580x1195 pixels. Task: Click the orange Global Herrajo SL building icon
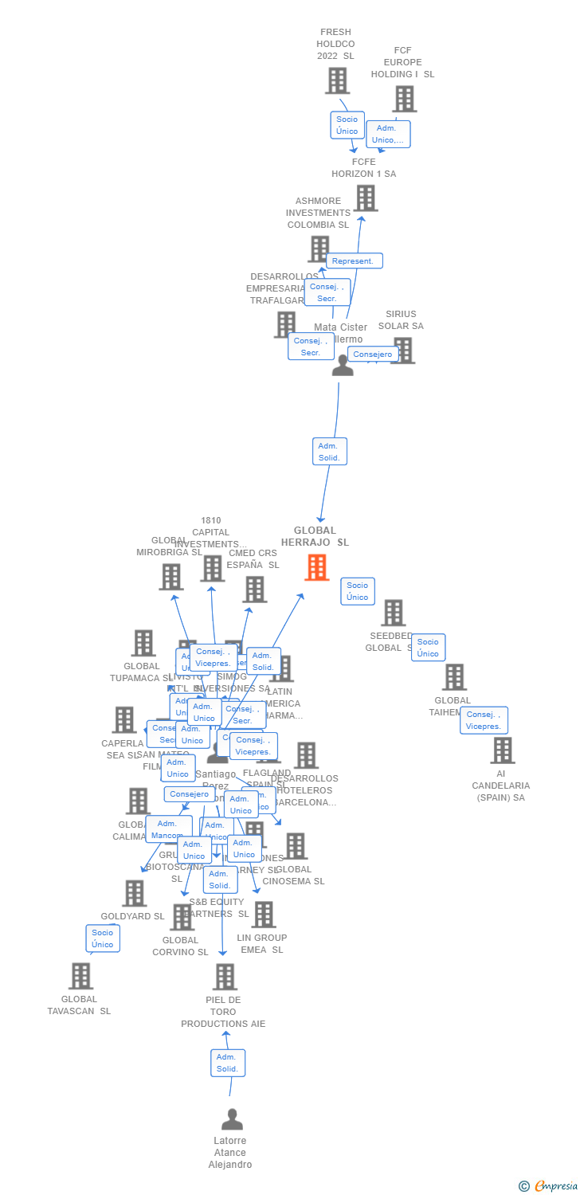(316, 567)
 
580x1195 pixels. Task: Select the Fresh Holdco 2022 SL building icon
(337, 80)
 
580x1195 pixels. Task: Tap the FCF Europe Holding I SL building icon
(404, 99)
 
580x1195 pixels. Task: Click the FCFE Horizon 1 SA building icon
(365, 198)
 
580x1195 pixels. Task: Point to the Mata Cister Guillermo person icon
(343, 366)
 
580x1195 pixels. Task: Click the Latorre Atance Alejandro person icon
(232, 1119)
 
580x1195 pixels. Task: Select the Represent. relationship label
(354, 261)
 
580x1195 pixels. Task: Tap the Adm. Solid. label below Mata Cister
(329, 452)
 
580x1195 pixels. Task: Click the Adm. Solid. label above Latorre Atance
(228, 1063)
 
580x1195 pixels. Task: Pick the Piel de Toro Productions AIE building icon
(225, 977)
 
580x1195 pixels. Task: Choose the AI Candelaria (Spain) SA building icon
(502, 750)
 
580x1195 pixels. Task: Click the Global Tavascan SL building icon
(80, 976)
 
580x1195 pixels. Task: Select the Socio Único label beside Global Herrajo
(358, 591)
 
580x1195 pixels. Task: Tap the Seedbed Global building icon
(393, 613)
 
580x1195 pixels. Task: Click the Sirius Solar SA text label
(401, 320)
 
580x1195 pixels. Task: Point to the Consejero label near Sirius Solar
(373, 355)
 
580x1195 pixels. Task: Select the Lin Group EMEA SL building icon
(263, 915)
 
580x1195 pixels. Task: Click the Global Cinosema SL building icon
(296, 846)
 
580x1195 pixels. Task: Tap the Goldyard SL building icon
(134, 893)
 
